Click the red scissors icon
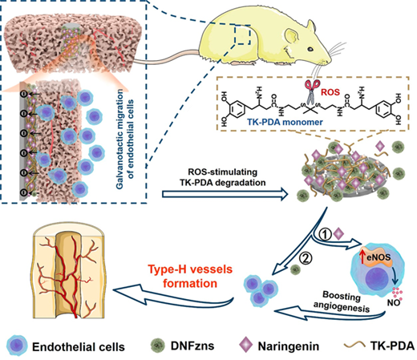click(x=312, y=91)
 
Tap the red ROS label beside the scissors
click(x=330, y=92)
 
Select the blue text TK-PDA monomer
click(x=285, y=122)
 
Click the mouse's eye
click(x=310, y=49)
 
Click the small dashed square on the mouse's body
click(x=242, y=35)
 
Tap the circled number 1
click(x=325, y=235)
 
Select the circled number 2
click(x=305, y=259)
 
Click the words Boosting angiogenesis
click(x=342, y=302)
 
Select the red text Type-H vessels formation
click(x=190, y=276)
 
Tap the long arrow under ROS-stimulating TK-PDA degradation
click(x=225, y=195)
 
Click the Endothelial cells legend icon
click(x=17, y=346)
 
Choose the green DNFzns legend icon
click(x=158, y=346)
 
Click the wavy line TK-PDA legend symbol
click(x=354, y=346)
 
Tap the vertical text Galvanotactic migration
click(x=119, y=139)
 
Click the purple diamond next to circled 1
click(x=339, y=234)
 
